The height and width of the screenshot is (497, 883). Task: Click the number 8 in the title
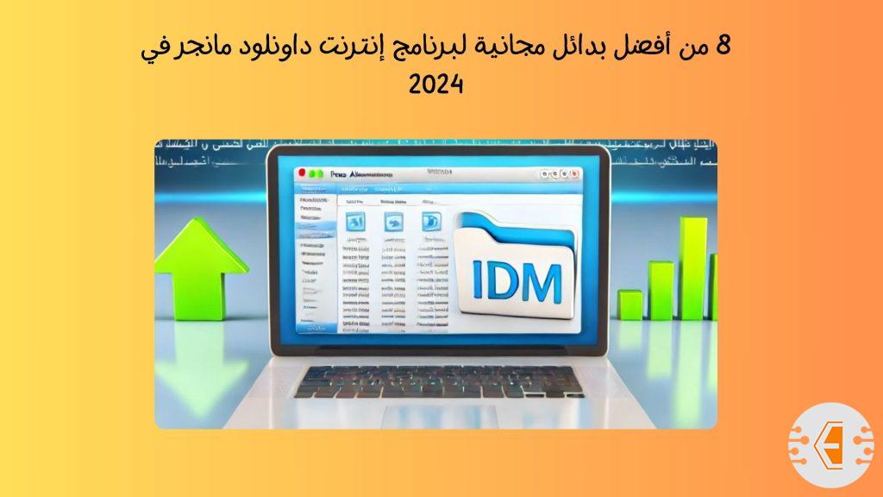(x=723, y=44)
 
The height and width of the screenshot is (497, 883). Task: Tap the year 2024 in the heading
(x=437, y=85)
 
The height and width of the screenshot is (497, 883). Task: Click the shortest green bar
(x=630, y=304)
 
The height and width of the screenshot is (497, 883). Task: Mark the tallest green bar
(x=692, y=267)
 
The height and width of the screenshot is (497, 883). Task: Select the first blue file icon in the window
(x=354, y=223)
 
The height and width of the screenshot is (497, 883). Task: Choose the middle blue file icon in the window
(x=392, y=223)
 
